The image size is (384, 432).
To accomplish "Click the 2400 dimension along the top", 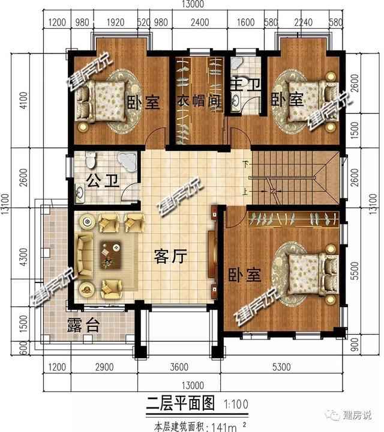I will point(200,23).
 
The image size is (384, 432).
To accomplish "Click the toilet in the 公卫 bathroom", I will point(91,160).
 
